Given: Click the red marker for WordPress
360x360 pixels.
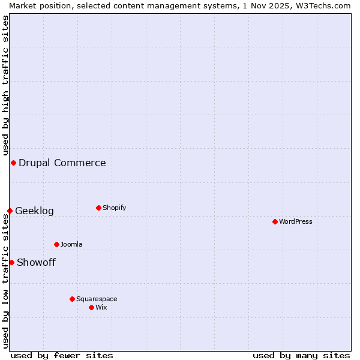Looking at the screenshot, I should (x=275, y=221).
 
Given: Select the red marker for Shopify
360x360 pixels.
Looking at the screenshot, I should (x=98, y=208).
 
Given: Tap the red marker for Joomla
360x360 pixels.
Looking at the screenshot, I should (x=56, y=244).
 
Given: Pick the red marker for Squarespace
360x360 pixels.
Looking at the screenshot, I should (x=72, y=299).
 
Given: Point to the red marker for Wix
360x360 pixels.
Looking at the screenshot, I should (x=91, y=307).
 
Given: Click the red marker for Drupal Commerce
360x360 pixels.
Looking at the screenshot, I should (x=13, y=163).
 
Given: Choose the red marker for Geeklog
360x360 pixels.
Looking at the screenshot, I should (x=10, y=211).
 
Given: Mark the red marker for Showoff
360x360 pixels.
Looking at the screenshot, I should (x=11, y=262).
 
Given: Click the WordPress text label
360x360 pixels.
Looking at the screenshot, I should (x=296, y=221).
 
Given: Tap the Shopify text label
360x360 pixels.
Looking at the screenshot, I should (x=115, y=208).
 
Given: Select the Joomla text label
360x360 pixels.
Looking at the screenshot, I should (x=71, y=244).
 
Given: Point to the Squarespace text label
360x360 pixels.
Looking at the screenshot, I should (x=97, y=299).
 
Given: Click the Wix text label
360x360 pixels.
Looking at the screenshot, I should (x=101, y=307).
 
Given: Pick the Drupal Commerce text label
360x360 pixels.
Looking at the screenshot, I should (x=62, y=163).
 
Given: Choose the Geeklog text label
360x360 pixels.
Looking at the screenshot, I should (x=34, y=211).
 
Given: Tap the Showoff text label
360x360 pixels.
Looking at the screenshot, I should (x=36, y=262).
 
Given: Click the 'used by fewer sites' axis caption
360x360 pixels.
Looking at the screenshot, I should (x=62, y=355).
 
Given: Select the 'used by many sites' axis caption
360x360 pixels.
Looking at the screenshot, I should (x=301, y=355).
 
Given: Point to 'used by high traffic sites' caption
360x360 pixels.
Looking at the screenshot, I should (x=5, y=85).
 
